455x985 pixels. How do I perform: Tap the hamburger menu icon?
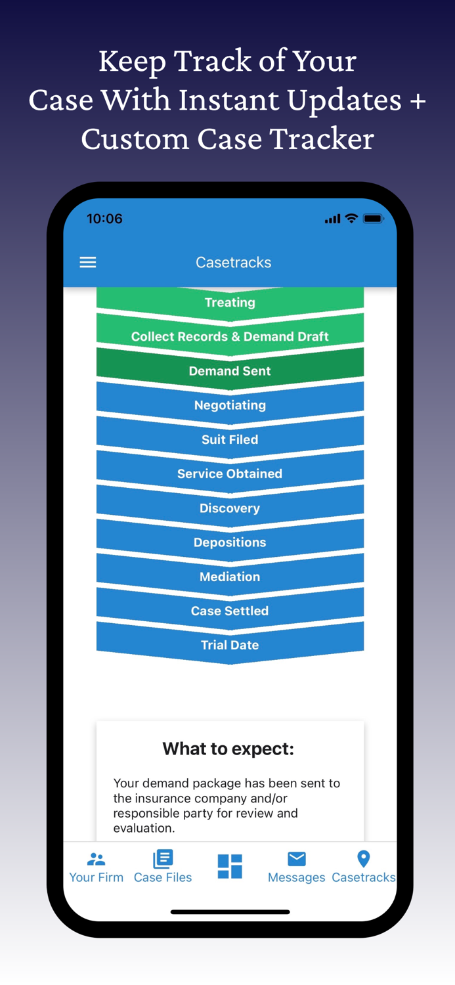pyautogui.click(x=88, y=263)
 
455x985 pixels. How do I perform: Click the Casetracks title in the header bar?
pyautogui.click(x=233, y=263)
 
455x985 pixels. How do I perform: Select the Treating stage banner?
pyautogui.click(x=230, y=303)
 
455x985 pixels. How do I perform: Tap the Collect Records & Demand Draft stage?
pyautogui.click(x=230, y=337)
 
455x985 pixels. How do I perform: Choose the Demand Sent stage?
pyautogui.click(x=230, y=371)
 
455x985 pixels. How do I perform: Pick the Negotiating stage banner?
pyautogui.click(x=230, y=405)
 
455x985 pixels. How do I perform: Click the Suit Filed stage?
pyautogui.click(x=230, y=439)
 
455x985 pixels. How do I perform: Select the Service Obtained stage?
pyautogui.click(x=230, y=473)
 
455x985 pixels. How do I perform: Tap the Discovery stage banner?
pyautogui.click(x=230, y=508)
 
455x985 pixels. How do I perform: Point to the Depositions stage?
pyautogui.click(x=230, y=542)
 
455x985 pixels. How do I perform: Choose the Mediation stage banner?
pyautogui.click(x=230, y=577)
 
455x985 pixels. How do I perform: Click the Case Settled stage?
pyautogui.click(x=230, y=611)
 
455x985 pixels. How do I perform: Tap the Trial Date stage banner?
pyautogui.click(x=230, y=645)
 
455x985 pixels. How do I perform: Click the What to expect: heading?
pyautogui.click(x=228, y=749)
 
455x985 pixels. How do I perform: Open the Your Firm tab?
pyautogui.click(x=97, y=867)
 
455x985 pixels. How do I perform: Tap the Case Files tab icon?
pyautogui.click(x=163, y=859)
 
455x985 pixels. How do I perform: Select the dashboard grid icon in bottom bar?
pyautogui.click(x=230, y=866)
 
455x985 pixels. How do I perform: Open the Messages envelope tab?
pyautogui.click(x=297, y=859)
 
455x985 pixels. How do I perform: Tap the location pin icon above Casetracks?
pyautogui.click(x=363, y=858)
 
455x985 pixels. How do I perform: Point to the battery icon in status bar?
pyautogui.click(x=373, y=219)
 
